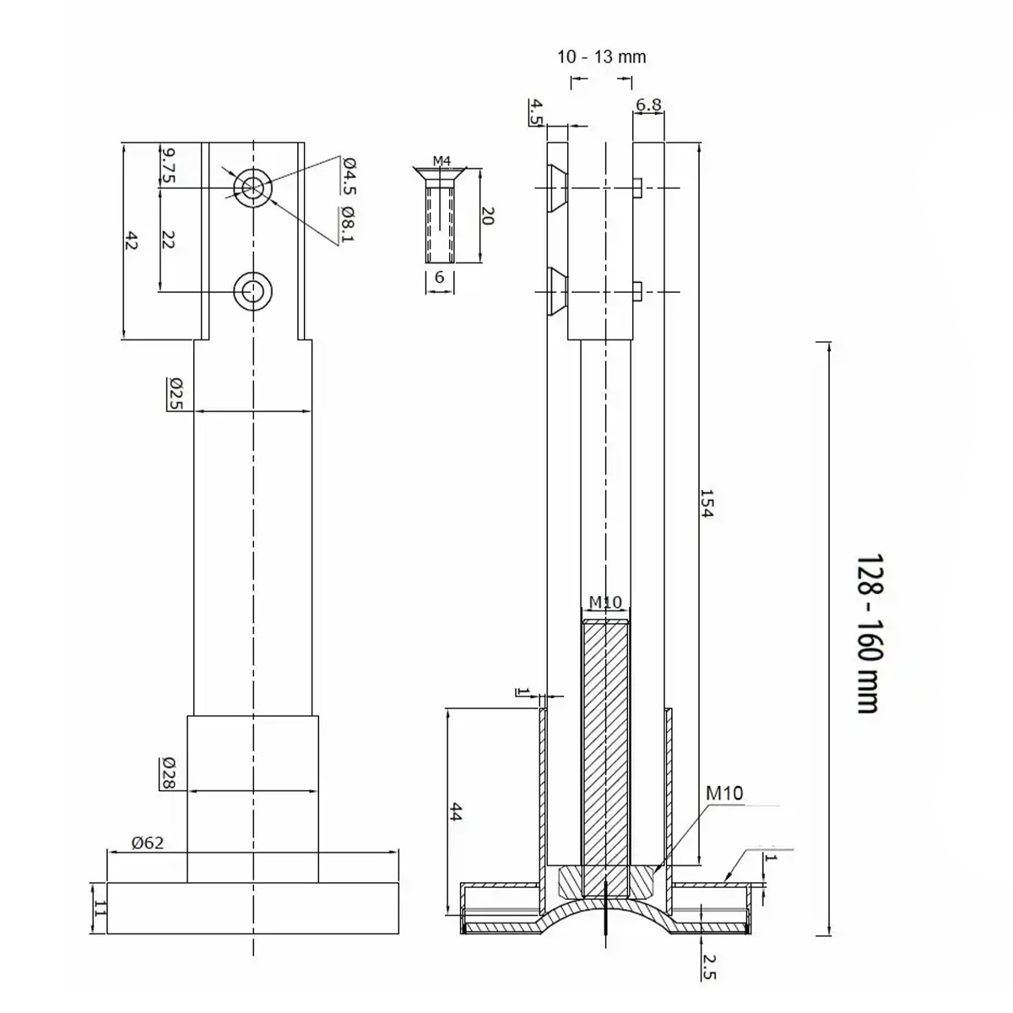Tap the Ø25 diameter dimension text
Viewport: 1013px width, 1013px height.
[176, 393]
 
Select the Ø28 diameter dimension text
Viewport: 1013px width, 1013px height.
[169, 772]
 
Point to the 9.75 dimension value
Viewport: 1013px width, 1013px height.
[168, 165]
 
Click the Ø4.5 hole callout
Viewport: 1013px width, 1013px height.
[349, 176]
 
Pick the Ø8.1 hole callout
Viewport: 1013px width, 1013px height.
[348, 225]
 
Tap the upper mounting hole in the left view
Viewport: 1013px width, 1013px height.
[253, 187]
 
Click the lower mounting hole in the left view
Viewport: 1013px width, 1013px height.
[253, 290]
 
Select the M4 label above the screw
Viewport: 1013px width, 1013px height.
[441, 161]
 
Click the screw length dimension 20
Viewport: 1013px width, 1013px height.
[488, 215]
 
